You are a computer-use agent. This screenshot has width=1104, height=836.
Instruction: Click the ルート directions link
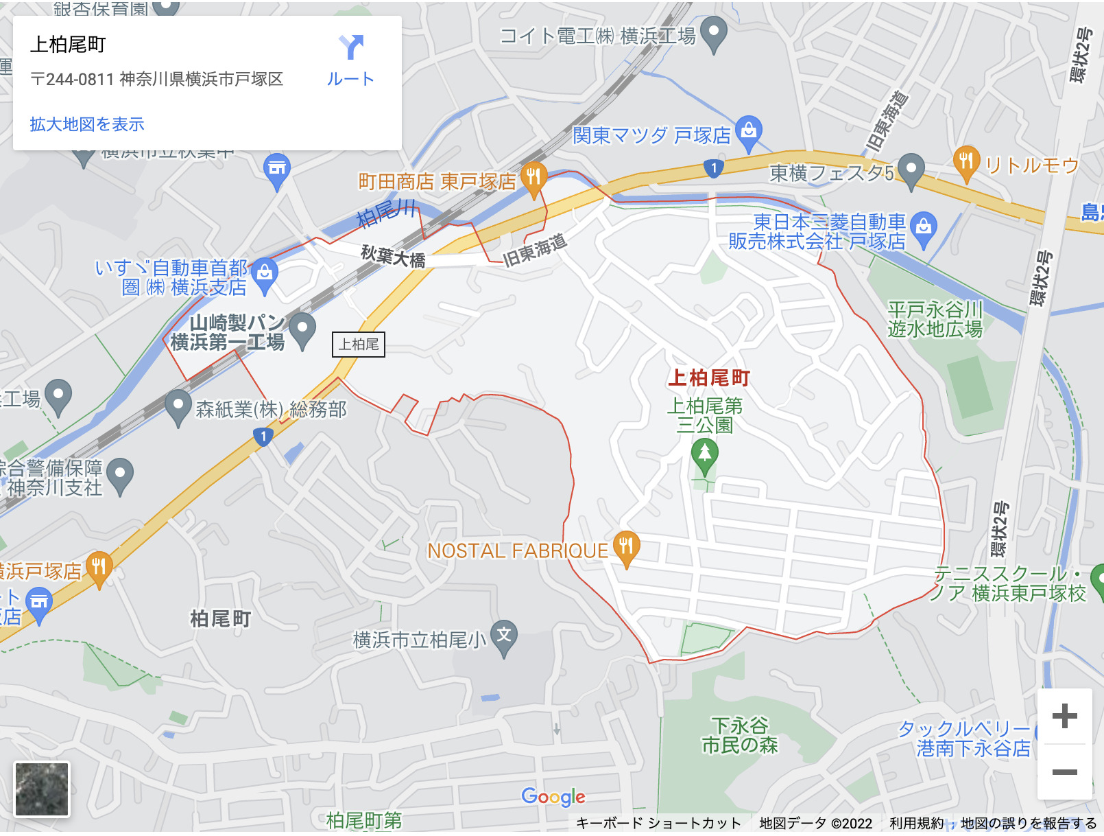350,60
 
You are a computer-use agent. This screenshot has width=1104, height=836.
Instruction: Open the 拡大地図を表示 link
87,124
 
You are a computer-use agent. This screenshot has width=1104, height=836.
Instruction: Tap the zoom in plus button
1064,717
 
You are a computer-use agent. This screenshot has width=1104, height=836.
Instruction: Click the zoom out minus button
1064,772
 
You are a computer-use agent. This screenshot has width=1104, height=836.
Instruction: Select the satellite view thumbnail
42,789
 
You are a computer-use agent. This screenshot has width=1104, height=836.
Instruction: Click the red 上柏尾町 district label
709,378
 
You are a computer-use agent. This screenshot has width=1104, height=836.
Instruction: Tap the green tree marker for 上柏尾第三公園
704,455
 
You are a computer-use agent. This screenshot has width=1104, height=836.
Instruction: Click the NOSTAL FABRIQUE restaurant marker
626,547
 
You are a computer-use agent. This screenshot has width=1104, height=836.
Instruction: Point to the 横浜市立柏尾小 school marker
504,636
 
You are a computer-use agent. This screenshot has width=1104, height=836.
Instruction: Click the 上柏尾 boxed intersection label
359,345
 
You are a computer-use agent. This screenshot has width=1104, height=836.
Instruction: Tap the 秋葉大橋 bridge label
393,257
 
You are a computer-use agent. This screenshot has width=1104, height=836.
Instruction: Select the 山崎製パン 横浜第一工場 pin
302,329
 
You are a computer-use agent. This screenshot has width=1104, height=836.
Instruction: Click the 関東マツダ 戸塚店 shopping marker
749,131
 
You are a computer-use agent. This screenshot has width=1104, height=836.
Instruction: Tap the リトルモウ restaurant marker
965,162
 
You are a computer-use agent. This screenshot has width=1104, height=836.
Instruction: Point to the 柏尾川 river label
386,213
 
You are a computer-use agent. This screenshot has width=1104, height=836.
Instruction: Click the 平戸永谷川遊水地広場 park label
935,320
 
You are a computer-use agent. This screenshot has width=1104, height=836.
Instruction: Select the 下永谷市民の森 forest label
739,735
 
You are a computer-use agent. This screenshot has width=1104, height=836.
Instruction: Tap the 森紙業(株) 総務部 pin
178,406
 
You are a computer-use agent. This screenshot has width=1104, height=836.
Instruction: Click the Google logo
553,797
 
